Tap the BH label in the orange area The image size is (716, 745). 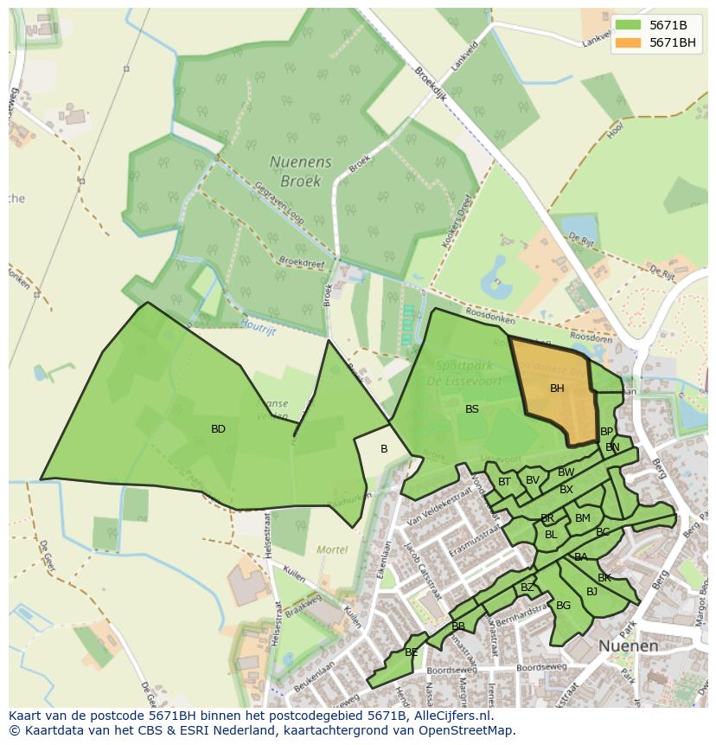tap(557, 389)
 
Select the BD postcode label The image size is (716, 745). tap(218, 429)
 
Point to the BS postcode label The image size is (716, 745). tap(471, 409)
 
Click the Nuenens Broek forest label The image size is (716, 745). tap(295, 171)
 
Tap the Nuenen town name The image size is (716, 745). tap(629, 646)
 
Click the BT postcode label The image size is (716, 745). tap(504, 482)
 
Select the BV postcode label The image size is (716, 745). tap(532, 480)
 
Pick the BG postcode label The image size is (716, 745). tap(563, 606)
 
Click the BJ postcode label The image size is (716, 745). tap(591, 592)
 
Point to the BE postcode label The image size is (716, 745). tap(411, 652)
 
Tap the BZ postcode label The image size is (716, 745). tap(527, 588)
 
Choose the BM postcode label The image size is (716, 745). tap(582, 518)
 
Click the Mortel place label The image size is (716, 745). tap(332, 549)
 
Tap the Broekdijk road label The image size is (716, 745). tap(430, 85)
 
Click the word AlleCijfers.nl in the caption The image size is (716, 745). tap(450, 716)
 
